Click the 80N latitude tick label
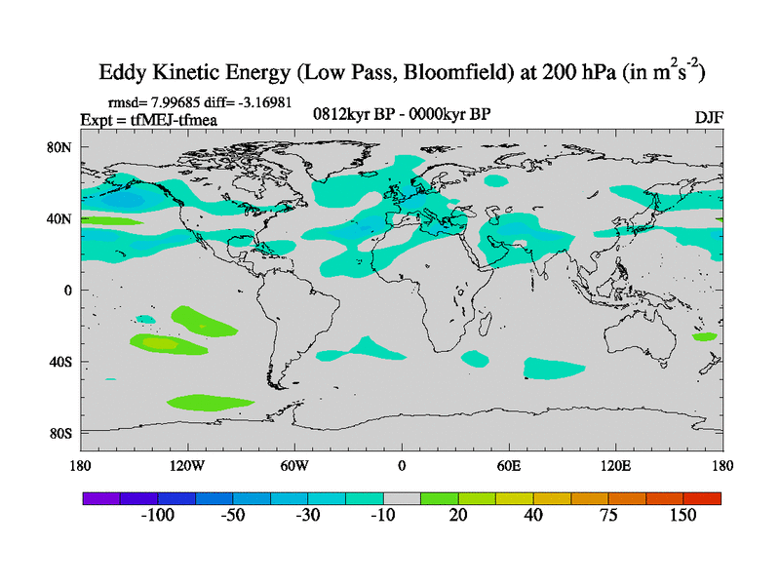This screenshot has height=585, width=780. pos(60,147)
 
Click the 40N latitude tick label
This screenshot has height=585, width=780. pos(60,218)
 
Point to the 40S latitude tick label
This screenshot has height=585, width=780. pos(60,362)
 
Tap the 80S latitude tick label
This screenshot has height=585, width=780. pos(60,433)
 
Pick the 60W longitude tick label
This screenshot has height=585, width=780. pos(294,465)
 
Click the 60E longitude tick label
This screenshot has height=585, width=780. pos(509,465)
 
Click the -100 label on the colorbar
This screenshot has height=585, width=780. pos(157,516)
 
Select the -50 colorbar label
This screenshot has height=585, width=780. pos(232,516)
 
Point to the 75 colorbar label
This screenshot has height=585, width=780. pos(608,516)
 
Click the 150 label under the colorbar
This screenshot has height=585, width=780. pos(682,516)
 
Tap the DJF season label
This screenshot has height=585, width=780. pos(708,117)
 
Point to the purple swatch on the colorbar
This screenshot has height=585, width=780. pos(100,498)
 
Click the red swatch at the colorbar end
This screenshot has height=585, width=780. pos(702,498)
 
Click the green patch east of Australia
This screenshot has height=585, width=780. pos(704,336)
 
